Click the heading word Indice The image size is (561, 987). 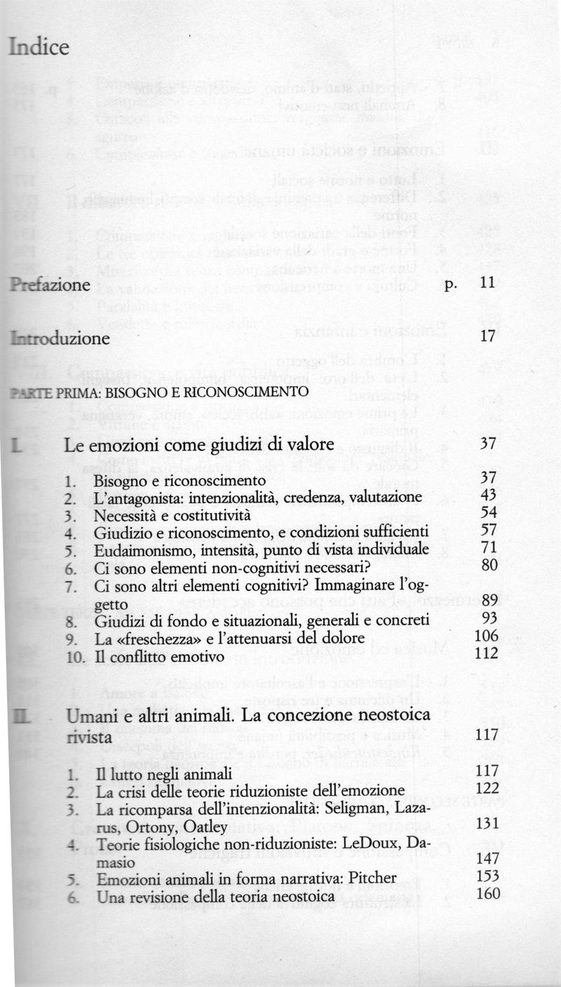[x=39, y=48]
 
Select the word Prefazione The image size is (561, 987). [x=50, y=285]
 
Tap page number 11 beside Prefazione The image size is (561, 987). [x=488, y=285]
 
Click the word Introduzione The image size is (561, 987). [x=60, y=339]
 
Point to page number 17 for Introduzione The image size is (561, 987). [x=489, y=337]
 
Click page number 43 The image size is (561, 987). [x=489, y=496]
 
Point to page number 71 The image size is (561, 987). [x=489, y=547]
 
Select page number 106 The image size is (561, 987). [x=486, y=635]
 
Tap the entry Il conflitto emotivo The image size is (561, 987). [x=159, y=656]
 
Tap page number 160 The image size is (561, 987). [x=487, y=894]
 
